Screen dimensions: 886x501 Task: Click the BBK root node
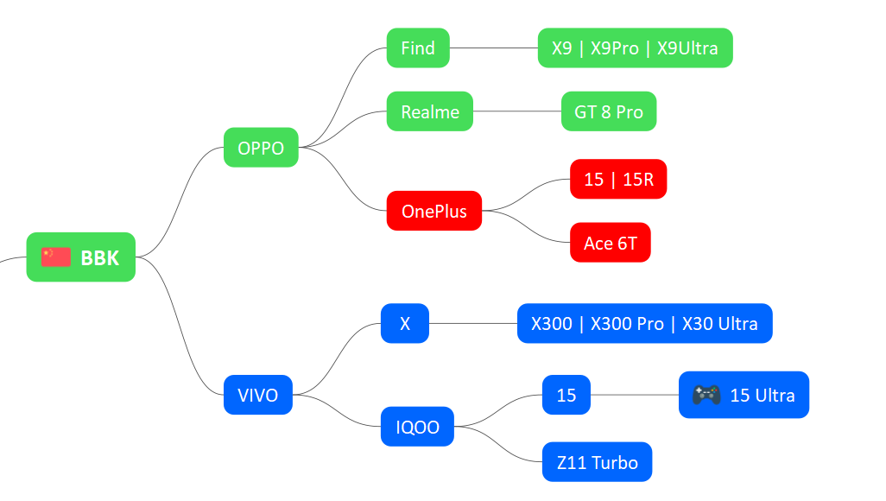click(81, 257)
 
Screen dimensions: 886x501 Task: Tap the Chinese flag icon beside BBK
click(56, 257)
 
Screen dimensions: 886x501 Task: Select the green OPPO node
click(261, 148)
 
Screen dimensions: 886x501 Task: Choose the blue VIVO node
click(258, 395)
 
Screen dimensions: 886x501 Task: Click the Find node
click(418, 48)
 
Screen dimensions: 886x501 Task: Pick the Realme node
click(430, 111)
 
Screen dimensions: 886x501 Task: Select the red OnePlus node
click(434, 211)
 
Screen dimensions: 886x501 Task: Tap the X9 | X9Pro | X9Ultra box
click(635, 48)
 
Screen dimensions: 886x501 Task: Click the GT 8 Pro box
click(609, 111)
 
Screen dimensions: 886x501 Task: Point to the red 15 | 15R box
click(618, 180)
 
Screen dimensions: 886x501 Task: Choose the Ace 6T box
click(611, 243)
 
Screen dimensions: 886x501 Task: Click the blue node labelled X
click(405, 323)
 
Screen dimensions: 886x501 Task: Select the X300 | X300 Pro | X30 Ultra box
click(645, 323)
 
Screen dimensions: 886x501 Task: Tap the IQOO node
click(418, 427)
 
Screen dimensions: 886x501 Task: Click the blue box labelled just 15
click(566, 395)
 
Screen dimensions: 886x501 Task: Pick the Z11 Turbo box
click(598, 462)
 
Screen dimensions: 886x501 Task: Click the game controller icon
click(707, 395)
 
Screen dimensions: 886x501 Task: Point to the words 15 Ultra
click(763, 396)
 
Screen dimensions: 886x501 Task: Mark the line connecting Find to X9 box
click(494, 48)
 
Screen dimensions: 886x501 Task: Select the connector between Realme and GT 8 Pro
click(517, 111)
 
